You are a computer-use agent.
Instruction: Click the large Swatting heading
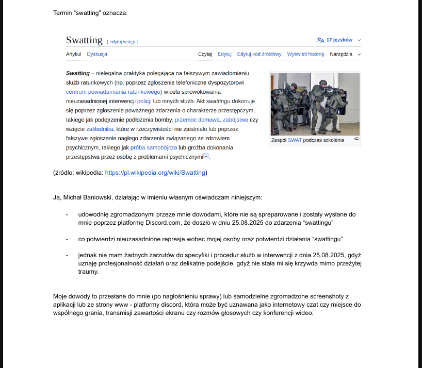[x=85, y=40]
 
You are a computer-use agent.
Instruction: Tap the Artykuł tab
[x=74, y=54]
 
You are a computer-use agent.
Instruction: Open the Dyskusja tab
[x=97, y=54]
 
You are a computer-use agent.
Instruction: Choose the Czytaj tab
[x=205, y=54]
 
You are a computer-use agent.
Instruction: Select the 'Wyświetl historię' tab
[x=305, y=54]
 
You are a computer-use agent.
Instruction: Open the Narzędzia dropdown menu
[x=345, y=54]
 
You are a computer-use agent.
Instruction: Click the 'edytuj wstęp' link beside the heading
[x=122, y=41]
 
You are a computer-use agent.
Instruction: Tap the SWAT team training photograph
[x=315, y=104]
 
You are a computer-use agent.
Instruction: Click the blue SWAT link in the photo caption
[x=295, y=140]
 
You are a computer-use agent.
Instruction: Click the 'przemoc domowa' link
[x=197, y=120]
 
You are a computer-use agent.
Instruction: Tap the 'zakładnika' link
[x=100, y=129]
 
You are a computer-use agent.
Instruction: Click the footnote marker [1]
[x=206, y=155]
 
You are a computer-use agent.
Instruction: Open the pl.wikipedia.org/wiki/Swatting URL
[x=155, y=173]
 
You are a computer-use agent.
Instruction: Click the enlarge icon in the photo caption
[x=356, y=139]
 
